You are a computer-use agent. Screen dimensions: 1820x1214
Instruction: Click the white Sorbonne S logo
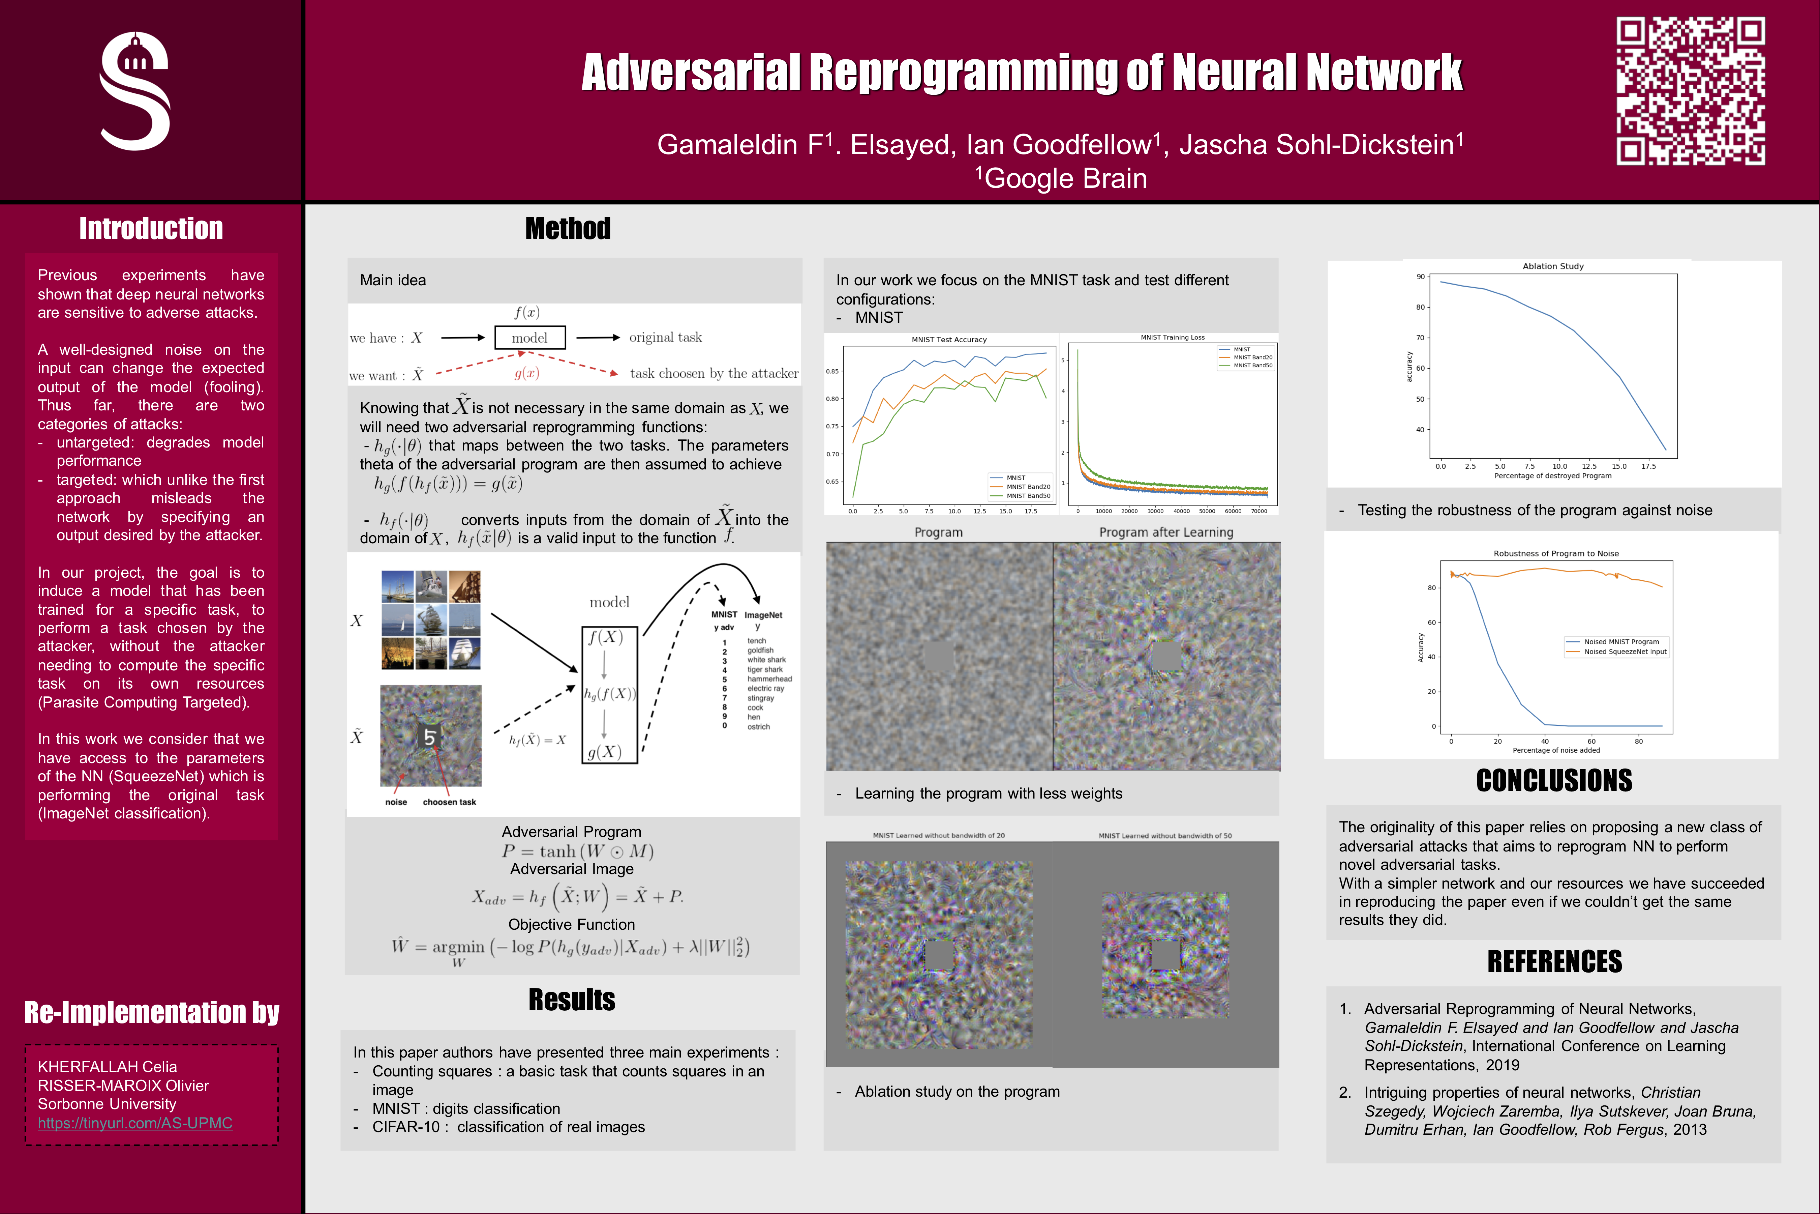(x=135, y=91)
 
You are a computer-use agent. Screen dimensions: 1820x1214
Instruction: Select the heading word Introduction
(x=151, y=229)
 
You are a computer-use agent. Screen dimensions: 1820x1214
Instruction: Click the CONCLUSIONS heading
(x=1554, y=780)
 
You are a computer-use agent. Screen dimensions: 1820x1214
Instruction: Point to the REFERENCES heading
(x=1554, y=962)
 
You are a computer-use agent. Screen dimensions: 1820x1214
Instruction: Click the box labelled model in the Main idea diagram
(x=529, y=338)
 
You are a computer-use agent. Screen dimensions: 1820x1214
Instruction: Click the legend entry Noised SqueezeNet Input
(x=1625, y=652)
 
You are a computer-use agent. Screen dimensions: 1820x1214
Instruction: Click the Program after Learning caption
(x=1166, y=533)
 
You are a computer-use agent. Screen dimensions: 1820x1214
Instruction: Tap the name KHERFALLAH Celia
(x=107, y=1067)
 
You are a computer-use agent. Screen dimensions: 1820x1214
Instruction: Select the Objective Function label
(x=571, y=924)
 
